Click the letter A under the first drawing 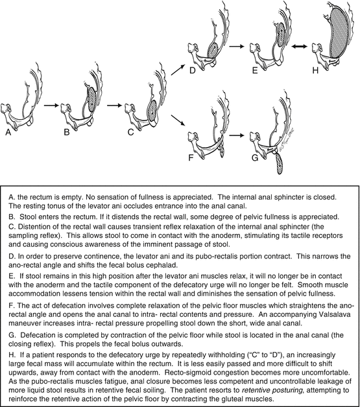coord(8,132)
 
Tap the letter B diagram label coord(67,132)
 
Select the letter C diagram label coord(130,132)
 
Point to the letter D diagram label coord(192,70)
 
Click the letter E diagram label coord(255,70)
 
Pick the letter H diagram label coord(315,70)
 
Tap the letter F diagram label coord(191,157)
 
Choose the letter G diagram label coord(255,157)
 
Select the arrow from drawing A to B coord(52,105)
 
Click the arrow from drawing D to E coord(237,47)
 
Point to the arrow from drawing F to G coord(237,135)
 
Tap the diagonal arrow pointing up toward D coord(178,69)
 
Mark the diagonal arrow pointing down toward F coord(178,120)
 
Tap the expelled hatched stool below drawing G coord(280,163)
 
